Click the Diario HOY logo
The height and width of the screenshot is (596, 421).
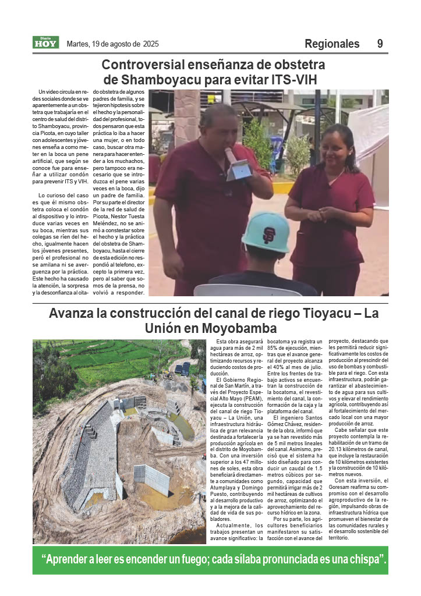(x=45, y=42)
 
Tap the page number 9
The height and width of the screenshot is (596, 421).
(x=380, y=44)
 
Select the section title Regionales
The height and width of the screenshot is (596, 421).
(x=332, y=44)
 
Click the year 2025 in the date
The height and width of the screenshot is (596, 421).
(x=151, y=44)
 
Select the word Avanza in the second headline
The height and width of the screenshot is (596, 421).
(x=72, y=313)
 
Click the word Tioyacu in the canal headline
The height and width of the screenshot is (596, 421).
(x=325, y=313)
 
